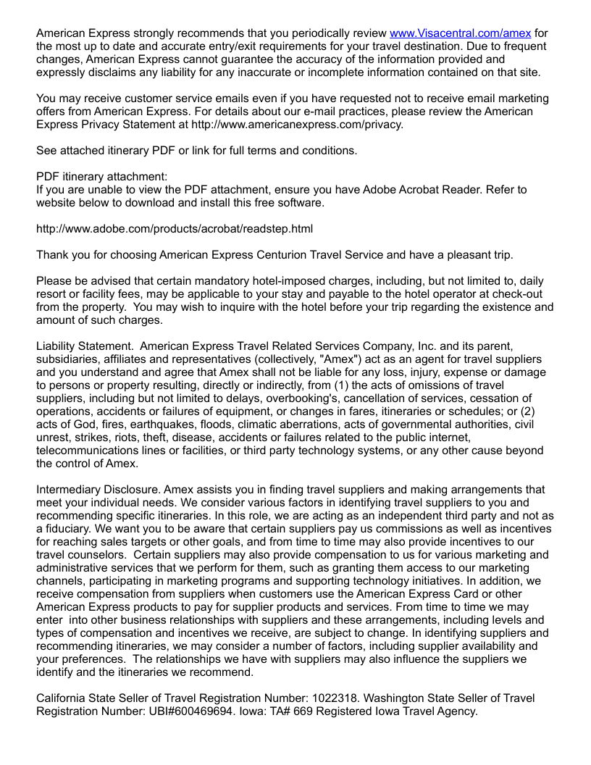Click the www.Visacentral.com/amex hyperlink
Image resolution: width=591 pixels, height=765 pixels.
[460, 33]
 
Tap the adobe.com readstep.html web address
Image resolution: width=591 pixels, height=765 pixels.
[175, 229]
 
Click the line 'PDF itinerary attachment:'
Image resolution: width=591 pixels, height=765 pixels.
[101, 177]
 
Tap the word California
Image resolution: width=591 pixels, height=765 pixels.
[64, 698]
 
